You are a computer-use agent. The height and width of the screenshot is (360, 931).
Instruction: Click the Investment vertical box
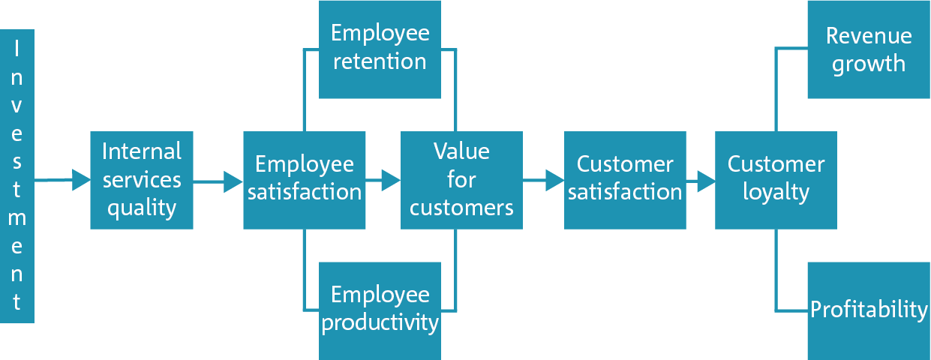17,176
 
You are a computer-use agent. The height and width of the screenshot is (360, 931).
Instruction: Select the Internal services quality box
142,181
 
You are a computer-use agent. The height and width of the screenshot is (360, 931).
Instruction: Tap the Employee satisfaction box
305,181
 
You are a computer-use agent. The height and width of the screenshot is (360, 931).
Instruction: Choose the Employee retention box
380,49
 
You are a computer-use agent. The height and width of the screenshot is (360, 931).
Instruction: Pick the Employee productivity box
380,311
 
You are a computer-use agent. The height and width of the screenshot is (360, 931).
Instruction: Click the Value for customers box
461,181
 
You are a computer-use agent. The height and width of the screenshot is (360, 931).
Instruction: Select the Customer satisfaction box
625,181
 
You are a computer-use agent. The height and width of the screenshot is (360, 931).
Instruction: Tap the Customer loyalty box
776,181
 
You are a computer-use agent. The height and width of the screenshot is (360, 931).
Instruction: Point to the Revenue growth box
869,49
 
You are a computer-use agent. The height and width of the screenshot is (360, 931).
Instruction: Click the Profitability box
869,311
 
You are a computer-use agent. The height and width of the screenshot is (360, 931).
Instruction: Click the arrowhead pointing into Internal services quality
82,180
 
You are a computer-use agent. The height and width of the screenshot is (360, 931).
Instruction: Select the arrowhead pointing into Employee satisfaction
233,181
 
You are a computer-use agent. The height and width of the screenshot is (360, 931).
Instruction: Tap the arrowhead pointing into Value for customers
391,181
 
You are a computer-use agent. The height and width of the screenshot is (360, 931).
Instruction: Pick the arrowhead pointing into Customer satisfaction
555,181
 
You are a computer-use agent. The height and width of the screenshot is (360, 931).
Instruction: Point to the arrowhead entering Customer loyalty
706,181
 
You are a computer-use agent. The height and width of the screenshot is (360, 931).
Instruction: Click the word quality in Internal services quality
142,208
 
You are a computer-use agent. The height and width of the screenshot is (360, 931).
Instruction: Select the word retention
380,62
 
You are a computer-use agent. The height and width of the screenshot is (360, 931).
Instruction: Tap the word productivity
380,323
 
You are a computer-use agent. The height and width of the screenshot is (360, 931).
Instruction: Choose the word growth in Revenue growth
869,64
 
